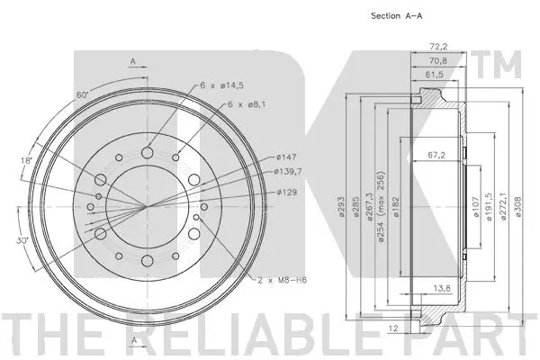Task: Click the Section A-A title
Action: [398, 15]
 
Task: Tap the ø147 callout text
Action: [286, 157]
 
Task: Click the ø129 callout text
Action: [286, 192]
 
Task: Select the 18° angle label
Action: [26, 160]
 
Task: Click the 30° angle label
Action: [21, 240]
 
